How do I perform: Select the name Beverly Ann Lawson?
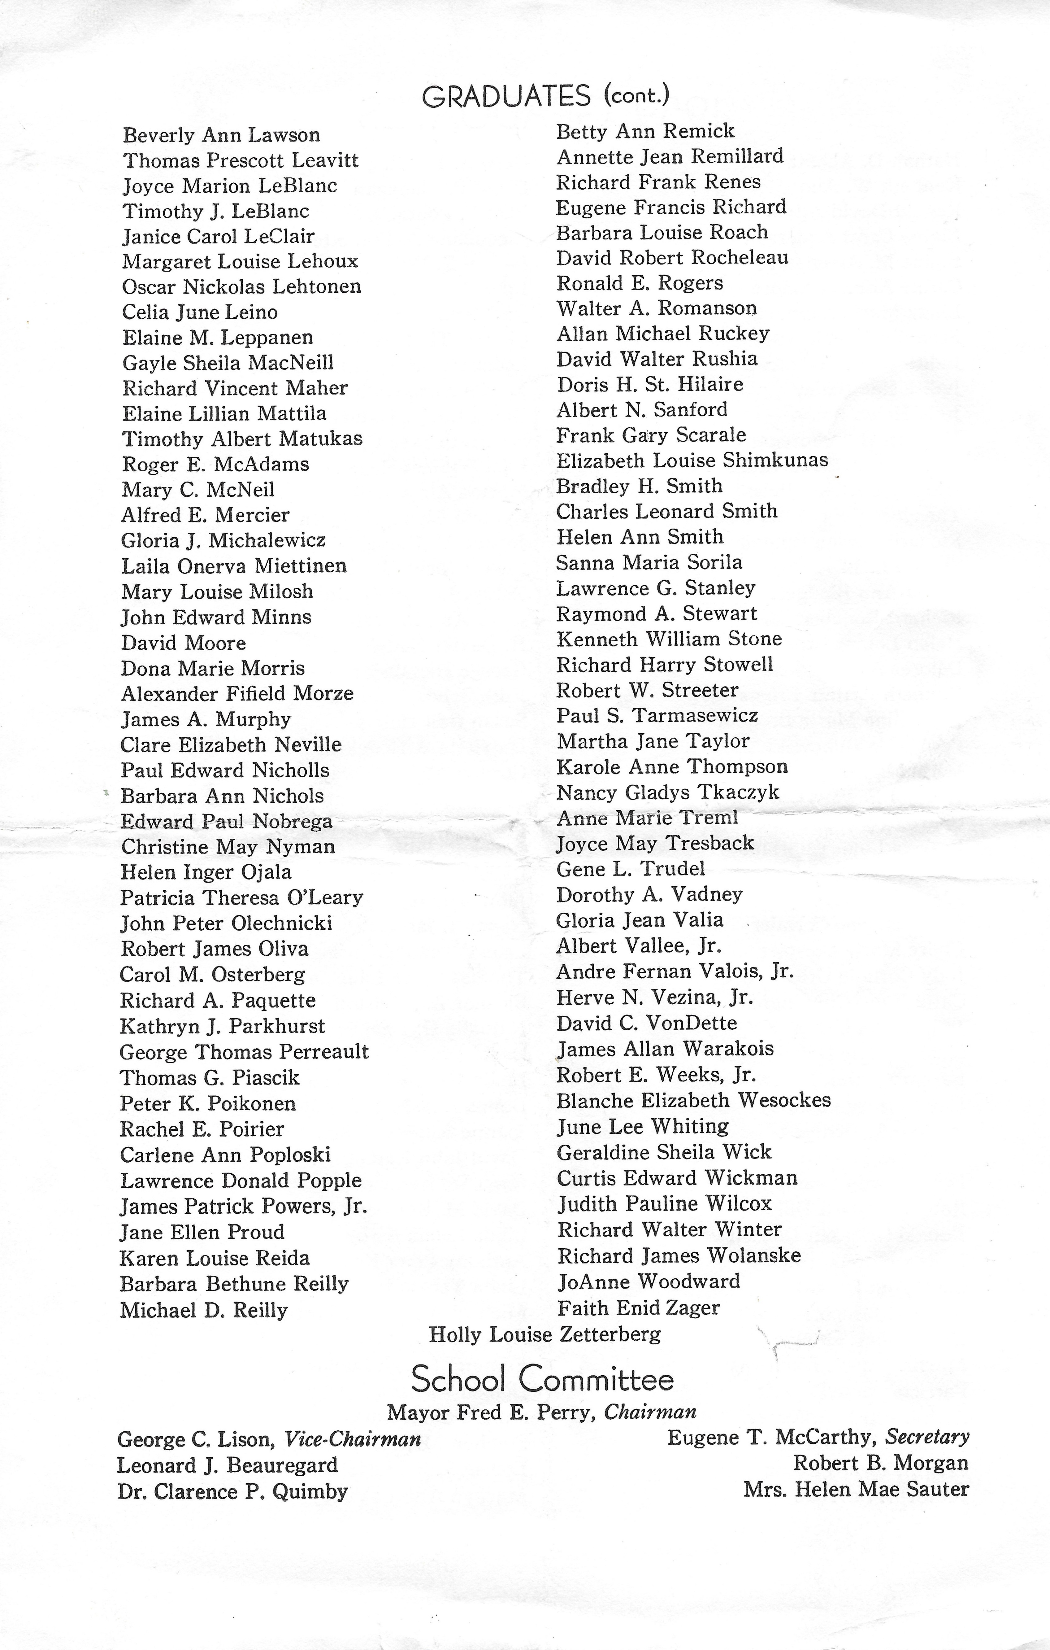(x=221, y=135)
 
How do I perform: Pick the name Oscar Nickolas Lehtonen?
(x=241, y=286)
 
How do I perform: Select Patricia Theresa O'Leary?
(x=241, y=898)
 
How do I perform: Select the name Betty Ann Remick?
(x=645, y=131)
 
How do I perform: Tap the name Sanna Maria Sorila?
(x=649, y=563)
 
